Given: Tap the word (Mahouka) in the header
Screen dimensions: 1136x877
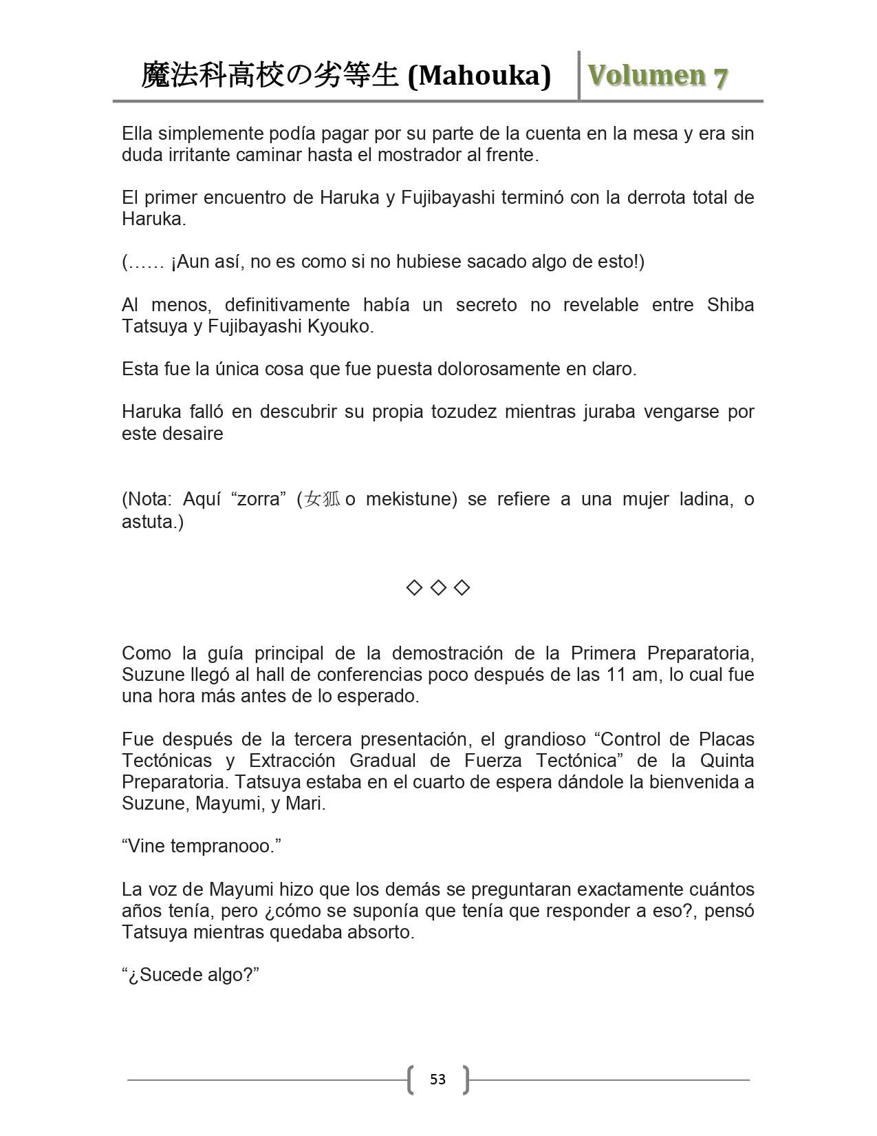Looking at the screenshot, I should pyautogui.click(x=479, y=75).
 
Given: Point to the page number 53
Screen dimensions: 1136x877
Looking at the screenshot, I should pyautogui.click(x=437, y=1079).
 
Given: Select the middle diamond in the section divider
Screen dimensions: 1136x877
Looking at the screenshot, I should pyautogui.click(x=438, y=587).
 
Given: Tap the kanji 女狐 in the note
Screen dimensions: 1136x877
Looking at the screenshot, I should pyautogui.click(x=322, y=499).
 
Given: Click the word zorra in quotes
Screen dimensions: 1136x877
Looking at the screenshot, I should pyautogui.click(x=259, y=499).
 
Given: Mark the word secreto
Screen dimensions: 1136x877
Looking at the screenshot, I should pyautogui.click(x=486, y=305).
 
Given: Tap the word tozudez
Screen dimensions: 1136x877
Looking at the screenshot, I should pyautogui.click(x=464, y=412).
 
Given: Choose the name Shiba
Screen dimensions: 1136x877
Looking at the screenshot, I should pyautogui.click(x=730, y=305).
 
